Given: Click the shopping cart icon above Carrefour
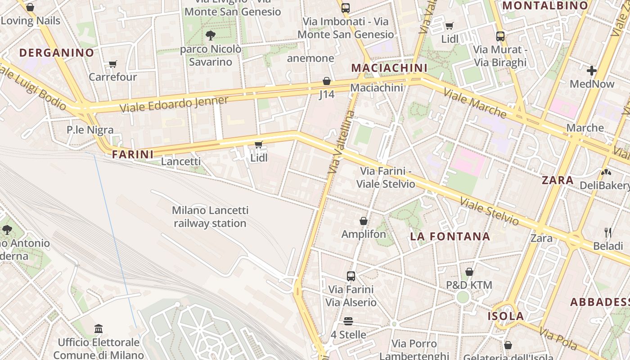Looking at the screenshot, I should click(112, 64).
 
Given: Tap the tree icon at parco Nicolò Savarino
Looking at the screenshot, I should click(210, 36).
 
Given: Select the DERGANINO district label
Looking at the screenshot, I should click(57, 53).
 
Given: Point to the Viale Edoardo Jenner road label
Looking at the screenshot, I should click(174, 104).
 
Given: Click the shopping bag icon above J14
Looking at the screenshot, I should click(327, 81).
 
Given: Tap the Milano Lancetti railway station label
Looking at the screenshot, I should click(210, 216).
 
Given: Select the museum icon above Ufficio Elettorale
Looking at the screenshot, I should click(99, 329).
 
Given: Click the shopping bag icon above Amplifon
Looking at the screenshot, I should click(364, 221).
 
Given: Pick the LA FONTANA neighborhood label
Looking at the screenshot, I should click(450, 237).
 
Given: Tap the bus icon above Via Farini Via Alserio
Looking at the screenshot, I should click(351, 276).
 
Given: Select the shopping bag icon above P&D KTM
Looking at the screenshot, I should click(469, 272).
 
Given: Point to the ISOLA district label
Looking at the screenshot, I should click(506, 316).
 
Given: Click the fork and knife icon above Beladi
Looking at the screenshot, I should click(608, 233).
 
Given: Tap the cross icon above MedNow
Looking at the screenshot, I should click(592, 71).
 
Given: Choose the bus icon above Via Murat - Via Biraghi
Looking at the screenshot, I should click(500, 36).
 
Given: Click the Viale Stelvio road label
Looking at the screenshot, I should click(489, 211).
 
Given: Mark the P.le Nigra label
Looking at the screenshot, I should click(90, 130).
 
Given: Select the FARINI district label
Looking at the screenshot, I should click(133, 154).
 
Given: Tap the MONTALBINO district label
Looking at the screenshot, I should click(545, 6).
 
